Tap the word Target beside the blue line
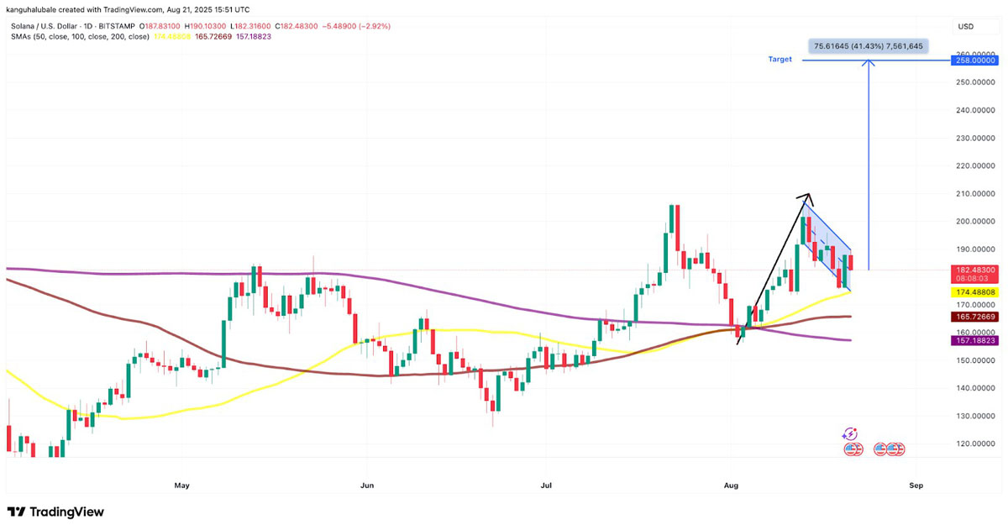coord(780,60)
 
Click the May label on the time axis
coord(181,485)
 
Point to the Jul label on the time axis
coord(546,485)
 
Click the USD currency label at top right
coord(966,26)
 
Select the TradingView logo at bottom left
coord(55,512)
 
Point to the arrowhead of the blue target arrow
coord(869,63)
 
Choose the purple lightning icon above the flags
coord(849,433)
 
